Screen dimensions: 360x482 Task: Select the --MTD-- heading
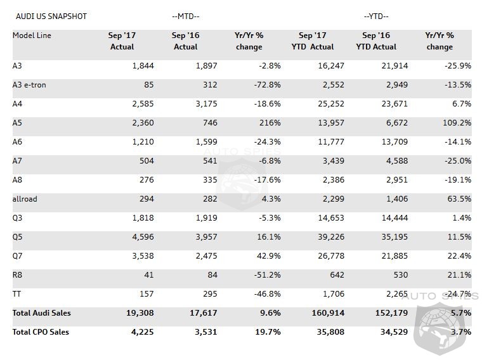coord(186,16)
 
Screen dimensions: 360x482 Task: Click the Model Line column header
coord(32,35)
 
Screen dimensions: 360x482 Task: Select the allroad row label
coord(25,199)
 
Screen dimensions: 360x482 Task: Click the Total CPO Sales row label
coord(41,331)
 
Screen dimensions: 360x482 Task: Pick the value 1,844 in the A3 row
coord(141,66)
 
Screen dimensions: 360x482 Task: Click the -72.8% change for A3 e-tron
coord(266,85)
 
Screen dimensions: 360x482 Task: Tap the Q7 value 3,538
coord(141,256)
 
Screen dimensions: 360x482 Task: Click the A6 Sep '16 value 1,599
coord(205,142)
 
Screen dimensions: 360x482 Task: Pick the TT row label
coord(17,294)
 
